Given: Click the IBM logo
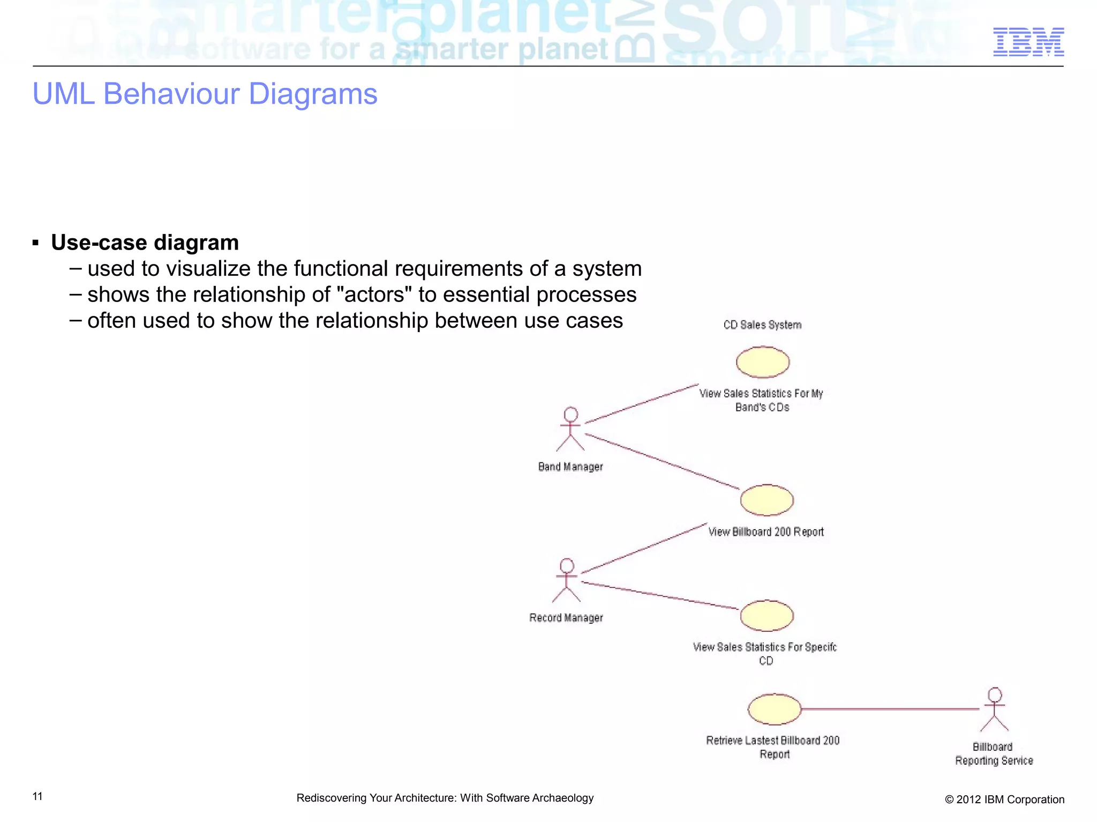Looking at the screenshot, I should (x=1028, y=42).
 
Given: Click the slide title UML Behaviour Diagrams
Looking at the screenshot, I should (x=205, y=94).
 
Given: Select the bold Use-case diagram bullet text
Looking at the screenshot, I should (x=145, y=243).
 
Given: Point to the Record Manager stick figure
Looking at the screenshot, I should (x=567, y=580).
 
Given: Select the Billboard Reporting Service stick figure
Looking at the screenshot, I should (x=995, y=710).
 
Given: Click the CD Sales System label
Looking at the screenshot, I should (x=762, y=325).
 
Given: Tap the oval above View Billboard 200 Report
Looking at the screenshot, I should (x=767, y=500).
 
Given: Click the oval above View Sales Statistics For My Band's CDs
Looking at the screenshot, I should (x=763, y=362).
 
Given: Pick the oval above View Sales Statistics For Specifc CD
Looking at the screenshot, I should (x=767, y=616).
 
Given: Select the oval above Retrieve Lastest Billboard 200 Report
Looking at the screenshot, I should (x=774, y=709).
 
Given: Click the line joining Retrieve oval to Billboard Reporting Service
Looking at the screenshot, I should (x=889, y=709).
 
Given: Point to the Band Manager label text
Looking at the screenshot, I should (x=570, y=467).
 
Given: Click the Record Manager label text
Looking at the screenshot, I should (x=566, y=618).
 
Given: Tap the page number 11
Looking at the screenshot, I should (x=37, y=796).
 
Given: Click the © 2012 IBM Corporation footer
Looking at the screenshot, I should (x=1004, y=800).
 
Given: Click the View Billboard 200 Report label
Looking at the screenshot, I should (x=766, y=532).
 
